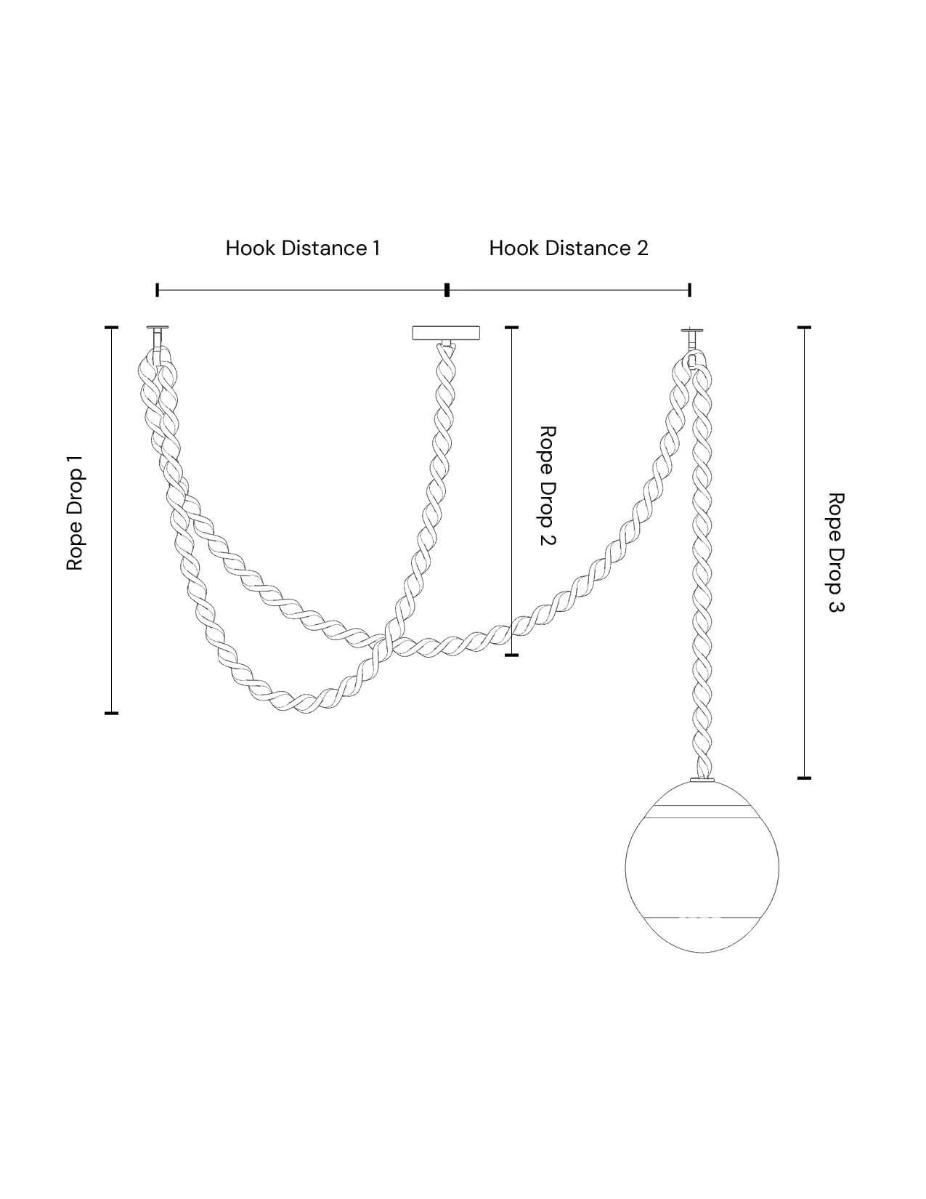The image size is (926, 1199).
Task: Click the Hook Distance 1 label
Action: pyautogui.click(x=303, y=249)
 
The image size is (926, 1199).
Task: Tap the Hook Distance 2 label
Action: pyautogui.click(x=569, y=249)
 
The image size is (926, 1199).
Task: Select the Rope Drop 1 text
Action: pyautogui.click(x=75, y=512)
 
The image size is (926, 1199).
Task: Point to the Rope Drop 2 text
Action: pyautogui.click(x=547, y=485)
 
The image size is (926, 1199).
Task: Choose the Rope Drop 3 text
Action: pyautogui.click(x=836, y=552)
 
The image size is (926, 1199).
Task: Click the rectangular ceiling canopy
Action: pyautogui.click(x=446, y=333)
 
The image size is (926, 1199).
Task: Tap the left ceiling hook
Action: pyautogui.click(x=158, y=342)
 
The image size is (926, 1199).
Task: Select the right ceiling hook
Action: pyautogui.click(x=693, y=343)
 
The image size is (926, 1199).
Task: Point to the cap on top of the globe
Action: pyautogui.click(x=702, y=780)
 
